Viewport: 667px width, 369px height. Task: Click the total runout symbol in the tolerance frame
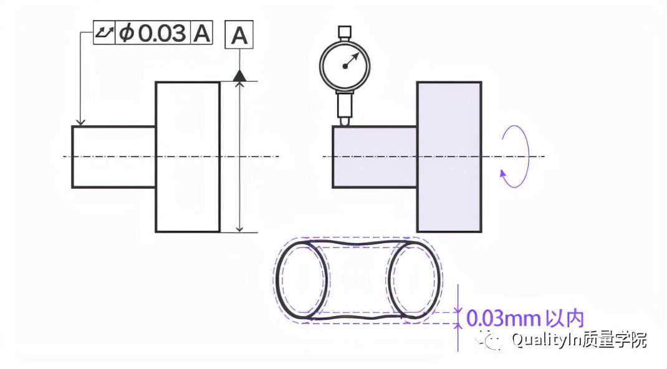coord(104,32)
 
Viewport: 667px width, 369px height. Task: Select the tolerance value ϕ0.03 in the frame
coord(152,33)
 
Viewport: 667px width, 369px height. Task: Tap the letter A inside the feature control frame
coord(202,33)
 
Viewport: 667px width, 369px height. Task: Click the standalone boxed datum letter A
coord(239,35)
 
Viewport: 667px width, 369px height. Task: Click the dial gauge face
coord(345,65)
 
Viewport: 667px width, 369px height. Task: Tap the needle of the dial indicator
coord(352,60)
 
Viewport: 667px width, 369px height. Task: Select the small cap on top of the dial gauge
coord(345,32)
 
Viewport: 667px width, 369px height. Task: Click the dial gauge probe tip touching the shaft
coord(345,122)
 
